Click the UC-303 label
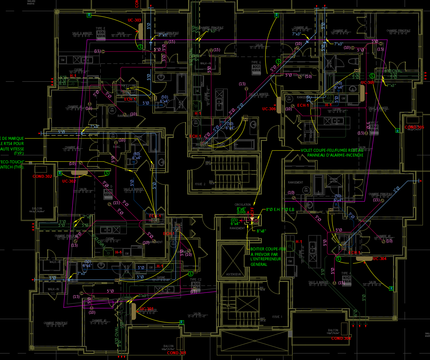pos(134,20)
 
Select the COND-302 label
pos(42,176)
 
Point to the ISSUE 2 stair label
pos(200,184)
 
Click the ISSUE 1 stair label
pos(276,317)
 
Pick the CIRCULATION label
pos(242,205)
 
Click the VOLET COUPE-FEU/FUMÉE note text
pos(332,150)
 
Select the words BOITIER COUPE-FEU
pos(268,249)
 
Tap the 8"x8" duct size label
pos(261,231)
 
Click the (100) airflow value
pos(241,212)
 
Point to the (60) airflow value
pos(136,154)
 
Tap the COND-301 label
pos(177,353)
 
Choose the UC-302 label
pos(69,181)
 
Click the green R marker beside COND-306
pos(398,130)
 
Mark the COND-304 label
pos(341,338)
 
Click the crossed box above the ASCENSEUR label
pos(233,259)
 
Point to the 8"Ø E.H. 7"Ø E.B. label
pos(280,210)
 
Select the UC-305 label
pos(368,83)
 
